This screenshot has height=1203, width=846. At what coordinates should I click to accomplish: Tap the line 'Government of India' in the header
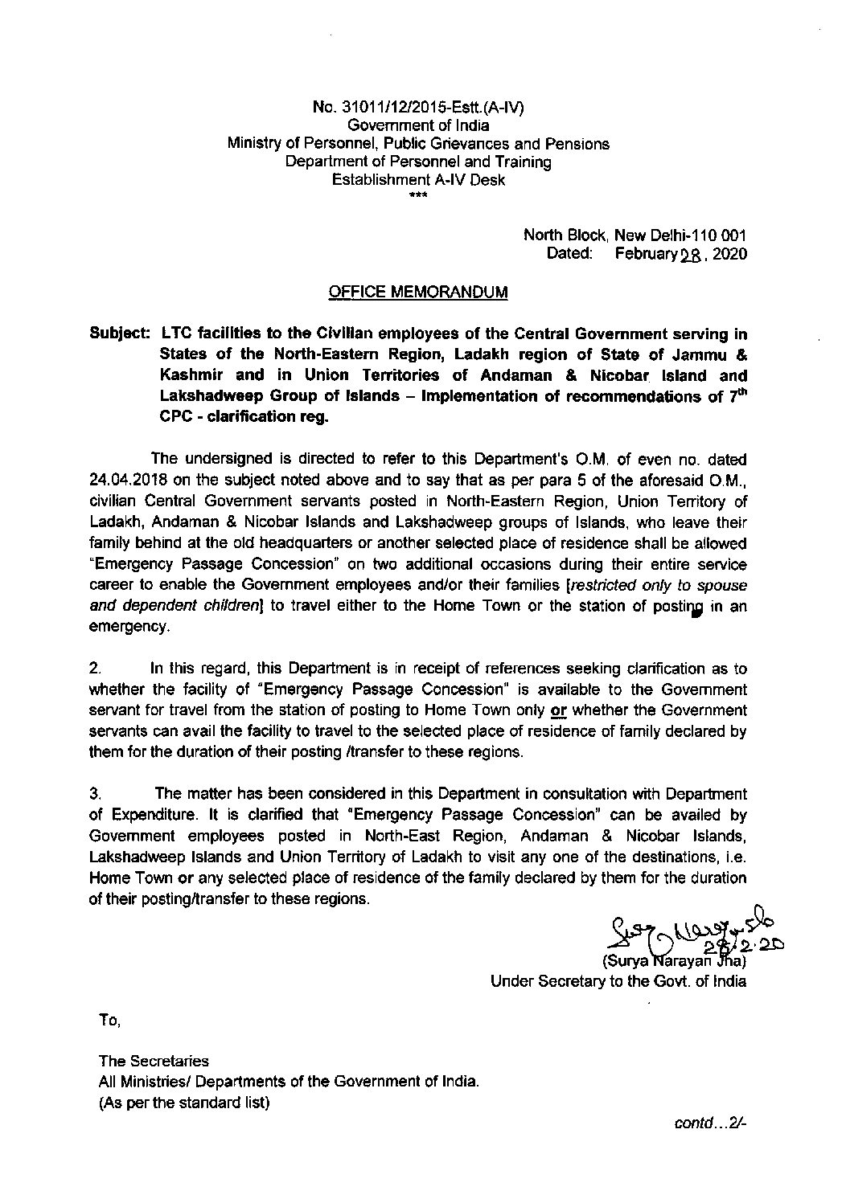[x=417, y=126]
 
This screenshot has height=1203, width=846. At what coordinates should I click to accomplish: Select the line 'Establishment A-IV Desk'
[x=418, y=180]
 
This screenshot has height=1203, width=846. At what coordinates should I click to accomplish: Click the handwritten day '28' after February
[x=691, y=256]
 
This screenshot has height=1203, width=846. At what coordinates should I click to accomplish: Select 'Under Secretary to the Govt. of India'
[x=618, y=981]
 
